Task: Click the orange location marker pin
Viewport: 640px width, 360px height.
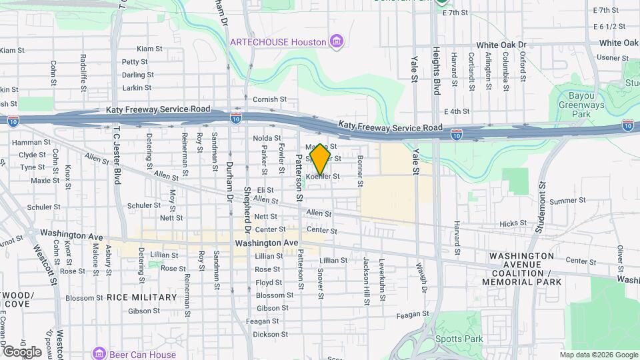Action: pos(320,159)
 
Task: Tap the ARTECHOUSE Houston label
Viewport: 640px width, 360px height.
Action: pos(278,42)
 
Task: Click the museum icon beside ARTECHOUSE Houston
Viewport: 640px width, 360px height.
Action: pos(337,42)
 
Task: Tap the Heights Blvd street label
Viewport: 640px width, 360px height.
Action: pos(437,71)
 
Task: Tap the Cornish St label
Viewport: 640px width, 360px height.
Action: pos(269,99)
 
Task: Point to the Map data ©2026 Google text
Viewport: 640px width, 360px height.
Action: pos(598,355)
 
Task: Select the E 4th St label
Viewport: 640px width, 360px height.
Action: pos(457,111)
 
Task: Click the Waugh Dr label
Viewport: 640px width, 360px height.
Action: pos(423,279)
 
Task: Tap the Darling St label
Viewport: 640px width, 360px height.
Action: pos(138,75)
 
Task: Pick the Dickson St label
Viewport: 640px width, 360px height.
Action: pos(265,335)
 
